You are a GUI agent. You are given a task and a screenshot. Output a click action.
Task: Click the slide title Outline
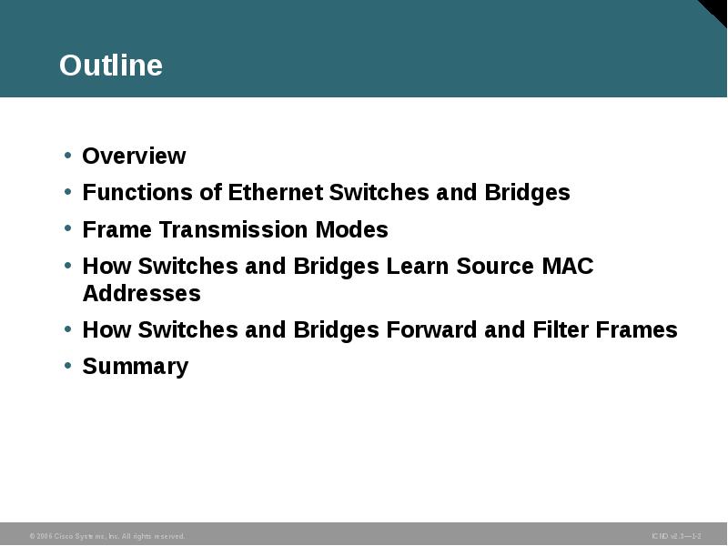point(111,66)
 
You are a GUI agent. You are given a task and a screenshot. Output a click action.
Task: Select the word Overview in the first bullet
point(134,157)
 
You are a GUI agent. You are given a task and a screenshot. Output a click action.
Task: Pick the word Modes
point(357,229)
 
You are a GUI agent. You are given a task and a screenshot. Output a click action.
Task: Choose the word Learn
point(417,266)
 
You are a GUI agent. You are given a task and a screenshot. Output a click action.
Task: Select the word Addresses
point(141,293)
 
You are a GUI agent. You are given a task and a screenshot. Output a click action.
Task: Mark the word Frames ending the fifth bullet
point(637,329)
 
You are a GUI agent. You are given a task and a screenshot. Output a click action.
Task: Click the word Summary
point(135,366)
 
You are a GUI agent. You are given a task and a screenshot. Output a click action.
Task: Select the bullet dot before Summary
point(68,366)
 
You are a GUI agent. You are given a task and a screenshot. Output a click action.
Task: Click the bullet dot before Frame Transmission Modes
point(68,229)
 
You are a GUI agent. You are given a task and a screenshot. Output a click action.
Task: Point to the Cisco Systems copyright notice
point(107,536)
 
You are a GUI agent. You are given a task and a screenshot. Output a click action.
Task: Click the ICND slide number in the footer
point(676,536)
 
